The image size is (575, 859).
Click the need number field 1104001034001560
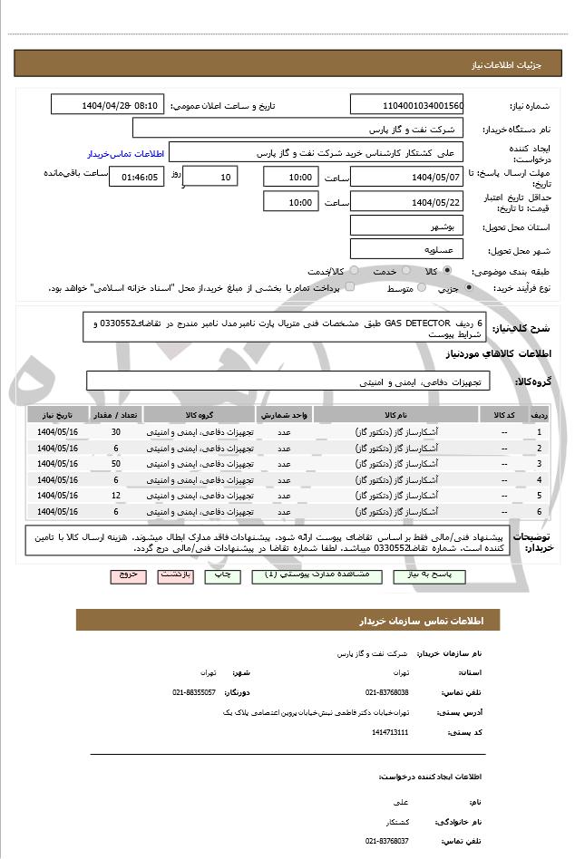[x=406, y=105]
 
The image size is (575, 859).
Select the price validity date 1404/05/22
[x=406, y=202]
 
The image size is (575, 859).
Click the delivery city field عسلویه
[x=406, y=249]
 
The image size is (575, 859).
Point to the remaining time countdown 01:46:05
[x=136, y=178]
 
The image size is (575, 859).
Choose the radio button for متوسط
[x=421, y=288]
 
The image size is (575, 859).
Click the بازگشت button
[x=176, y=575]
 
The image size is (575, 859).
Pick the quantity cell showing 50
[x=116, y=464]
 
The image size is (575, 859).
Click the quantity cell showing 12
[x=116, y=496]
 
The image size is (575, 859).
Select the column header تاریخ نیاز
[x=58, y=415]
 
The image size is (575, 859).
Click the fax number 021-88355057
[x=194, y=692]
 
